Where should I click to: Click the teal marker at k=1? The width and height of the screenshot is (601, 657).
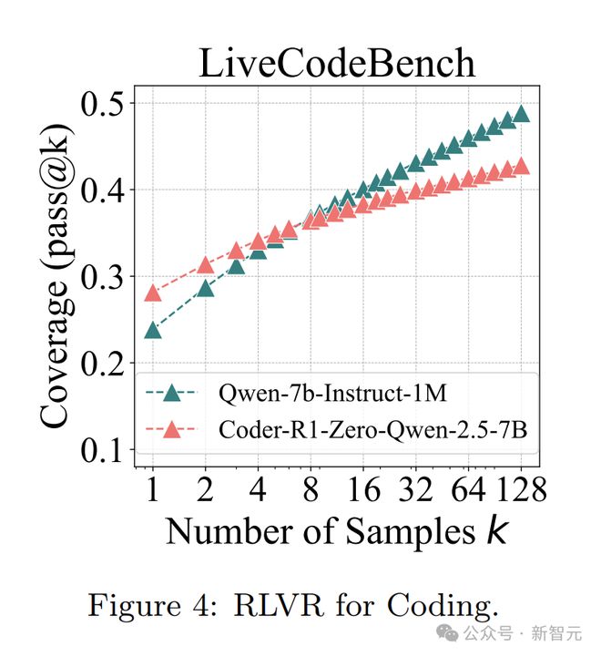click(153, 330)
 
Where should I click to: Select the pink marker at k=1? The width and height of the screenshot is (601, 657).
click(153, 293)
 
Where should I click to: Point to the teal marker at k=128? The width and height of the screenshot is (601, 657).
click(522, 114)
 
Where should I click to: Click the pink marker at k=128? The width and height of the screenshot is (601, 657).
click(522, 166)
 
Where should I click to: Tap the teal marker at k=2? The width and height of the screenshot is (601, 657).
click(206, 289)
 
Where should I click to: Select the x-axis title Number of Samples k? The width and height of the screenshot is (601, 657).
click(337, 531)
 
